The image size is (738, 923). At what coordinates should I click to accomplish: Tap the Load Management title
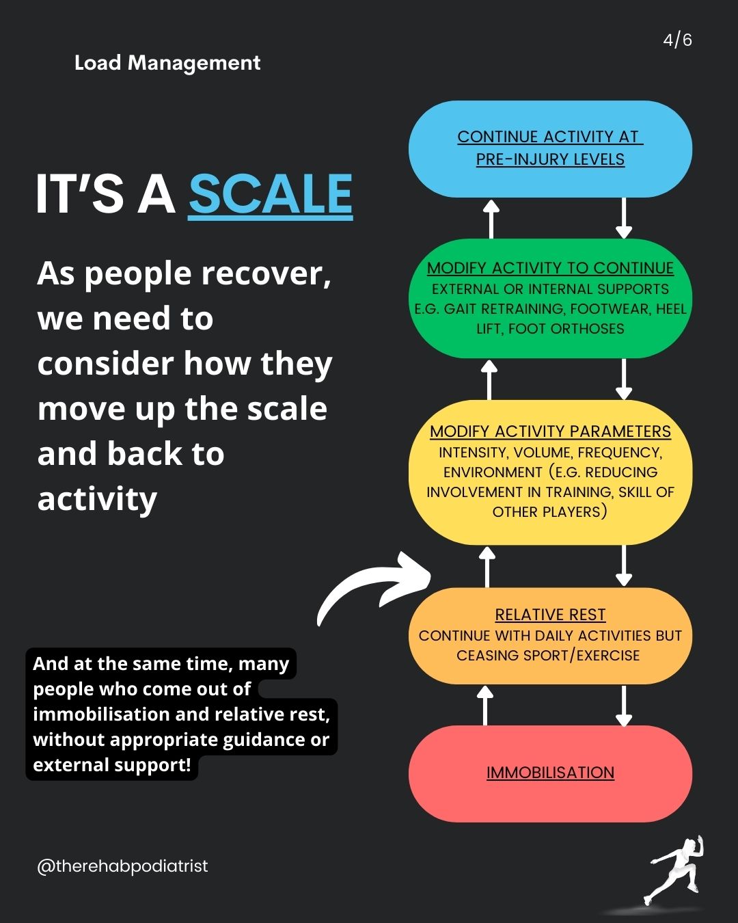point(167,63)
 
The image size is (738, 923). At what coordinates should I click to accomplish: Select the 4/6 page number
point(677,40)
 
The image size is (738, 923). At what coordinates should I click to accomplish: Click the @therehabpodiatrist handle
point(122,866)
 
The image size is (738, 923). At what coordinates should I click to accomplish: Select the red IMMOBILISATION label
point(550,773)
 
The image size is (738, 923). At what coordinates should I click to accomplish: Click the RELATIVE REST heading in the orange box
point(550,615)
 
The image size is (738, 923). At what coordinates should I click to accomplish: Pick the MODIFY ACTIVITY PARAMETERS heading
point(550,431)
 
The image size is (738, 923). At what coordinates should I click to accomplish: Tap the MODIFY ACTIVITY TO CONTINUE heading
point(550,268)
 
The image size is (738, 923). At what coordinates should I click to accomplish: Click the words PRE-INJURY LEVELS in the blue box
point(550,159)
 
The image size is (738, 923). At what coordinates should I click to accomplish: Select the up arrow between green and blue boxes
point(491,218)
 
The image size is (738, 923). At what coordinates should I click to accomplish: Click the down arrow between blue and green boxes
point(623,218)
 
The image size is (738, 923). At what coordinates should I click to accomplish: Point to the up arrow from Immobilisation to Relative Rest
point(484,705)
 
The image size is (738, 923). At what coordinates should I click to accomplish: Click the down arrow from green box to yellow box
point(623,379)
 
